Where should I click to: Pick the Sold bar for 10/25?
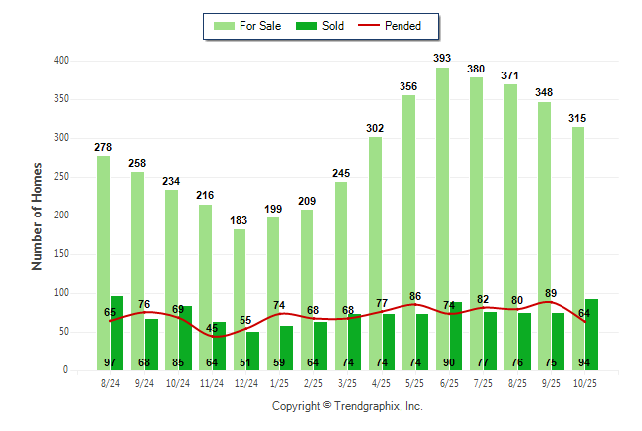592,334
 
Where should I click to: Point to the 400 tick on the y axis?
62,61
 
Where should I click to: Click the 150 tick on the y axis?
62,254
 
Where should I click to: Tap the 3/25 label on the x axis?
347,382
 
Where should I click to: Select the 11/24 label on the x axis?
212,382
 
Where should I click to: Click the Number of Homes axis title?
38,215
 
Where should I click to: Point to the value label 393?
442,59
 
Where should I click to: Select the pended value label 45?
212,328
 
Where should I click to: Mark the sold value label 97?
110,362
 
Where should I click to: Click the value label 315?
577,118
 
